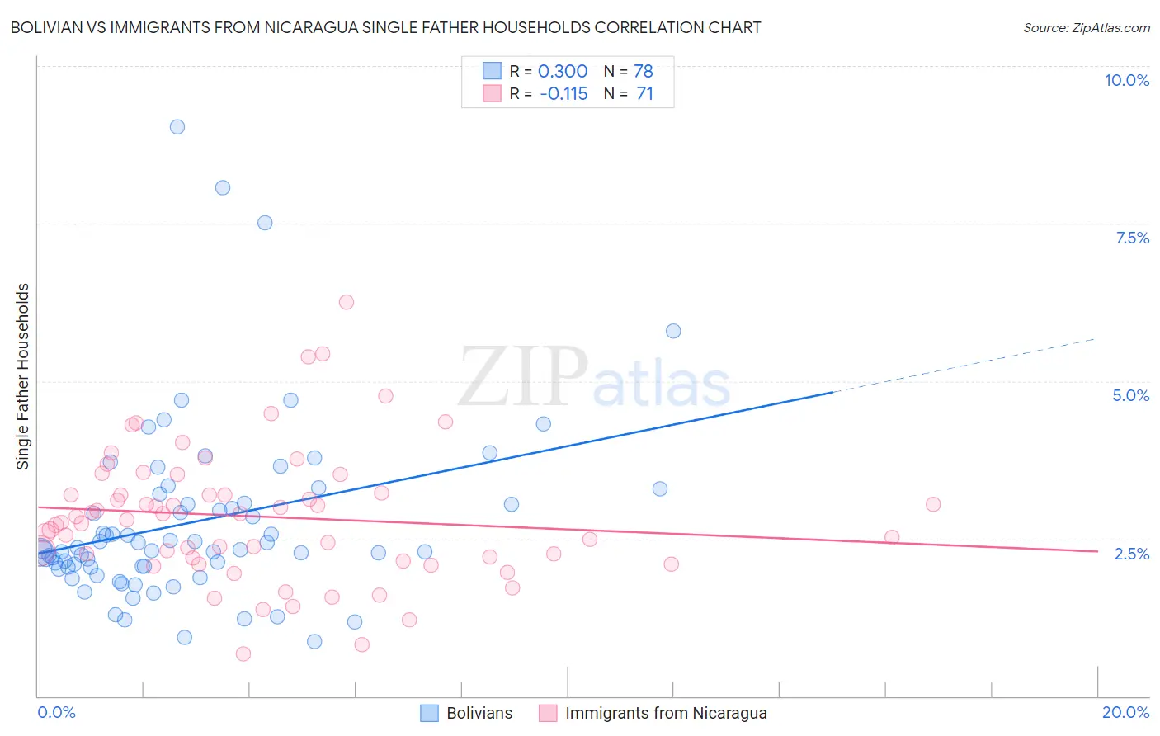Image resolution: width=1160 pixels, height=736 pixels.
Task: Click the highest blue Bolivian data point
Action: [177, 127]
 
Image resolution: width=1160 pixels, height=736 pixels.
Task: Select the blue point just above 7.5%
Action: [265, 223]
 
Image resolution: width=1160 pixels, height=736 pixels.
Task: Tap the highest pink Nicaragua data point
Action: [347, 302]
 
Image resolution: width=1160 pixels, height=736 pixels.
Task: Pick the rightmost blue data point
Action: [673, 331]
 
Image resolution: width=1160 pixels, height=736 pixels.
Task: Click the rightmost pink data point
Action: [933, 504]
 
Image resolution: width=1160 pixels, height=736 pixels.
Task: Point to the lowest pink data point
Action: [243, 653]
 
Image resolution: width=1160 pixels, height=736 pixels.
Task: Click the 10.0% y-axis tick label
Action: [1126, 80]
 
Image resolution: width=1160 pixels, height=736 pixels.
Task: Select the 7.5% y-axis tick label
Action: [1132, 238]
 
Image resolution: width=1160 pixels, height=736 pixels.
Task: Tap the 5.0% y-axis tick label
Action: [1130, 395]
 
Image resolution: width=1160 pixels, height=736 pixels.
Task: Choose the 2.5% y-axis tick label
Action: [1131, 554]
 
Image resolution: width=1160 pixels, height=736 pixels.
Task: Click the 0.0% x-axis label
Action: [56, 712]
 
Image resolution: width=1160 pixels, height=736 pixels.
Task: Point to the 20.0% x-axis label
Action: [1125, 712]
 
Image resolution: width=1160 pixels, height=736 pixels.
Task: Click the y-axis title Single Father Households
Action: [23, 376]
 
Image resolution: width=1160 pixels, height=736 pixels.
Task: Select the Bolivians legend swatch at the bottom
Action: [429, 713]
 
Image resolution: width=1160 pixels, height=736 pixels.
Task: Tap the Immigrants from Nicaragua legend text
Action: [666, 713]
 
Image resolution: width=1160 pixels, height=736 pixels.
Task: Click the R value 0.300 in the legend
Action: [563, 71]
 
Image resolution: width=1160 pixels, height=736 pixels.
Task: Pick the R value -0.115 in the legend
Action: [563, 94]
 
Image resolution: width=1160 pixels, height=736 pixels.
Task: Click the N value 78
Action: [644, 71]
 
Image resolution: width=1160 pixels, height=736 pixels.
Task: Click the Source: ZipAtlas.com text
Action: [1086, 28]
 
